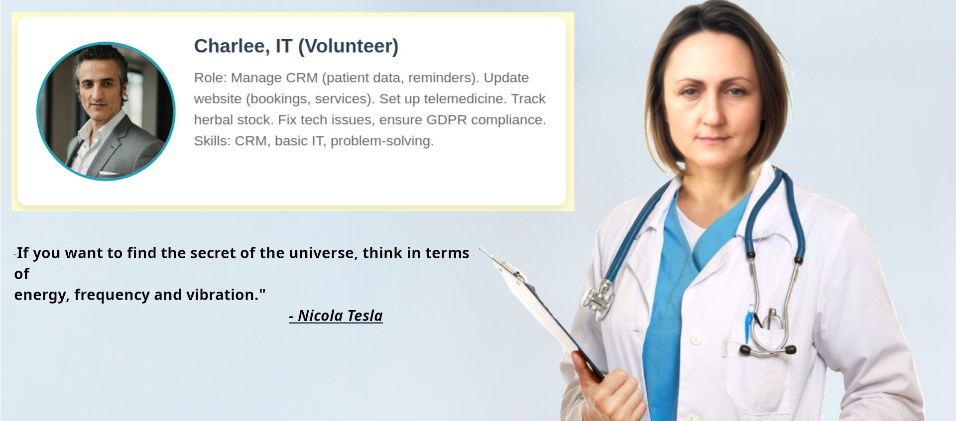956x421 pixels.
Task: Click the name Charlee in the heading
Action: click(x=232, y=46)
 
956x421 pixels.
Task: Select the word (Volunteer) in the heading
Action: click(x=349, y=47)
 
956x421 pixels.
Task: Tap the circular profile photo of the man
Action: click(x=106, y=111)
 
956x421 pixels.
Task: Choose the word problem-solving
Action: click(x=382, y=141)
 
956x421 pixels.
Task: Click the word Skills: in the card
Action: click(x=212, y=141)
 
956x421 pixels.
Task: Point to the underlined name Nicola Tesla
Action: click(x=340, y=316)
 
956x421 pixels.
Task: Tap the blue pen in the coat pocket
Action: click(x=749, y=323)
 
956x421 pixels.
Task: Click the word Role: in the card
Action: click(x=211, y=78)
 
